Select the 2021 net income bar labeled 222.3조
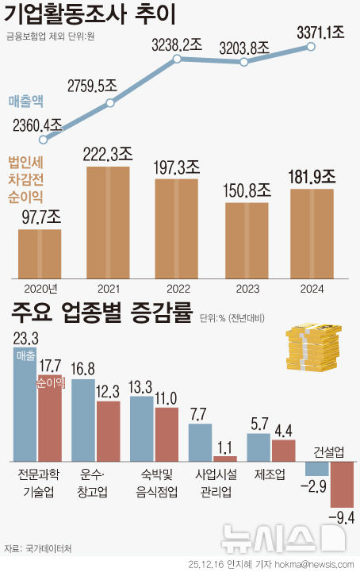click(108, 222)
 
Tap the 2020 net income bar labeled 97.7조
click(40, 254)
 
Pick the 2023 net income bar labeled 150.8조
click(247, 240)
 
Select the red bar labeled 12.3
click(108, 431)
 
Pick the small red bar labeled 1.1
click(225, 458)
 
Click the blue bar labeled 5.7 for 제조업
click(259, 447)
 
